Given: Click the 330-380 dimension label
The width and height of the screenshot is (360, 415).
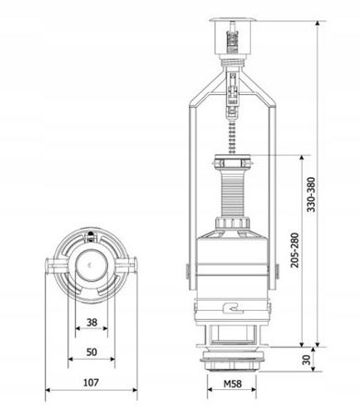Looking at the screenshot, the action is click(x=311, y=195).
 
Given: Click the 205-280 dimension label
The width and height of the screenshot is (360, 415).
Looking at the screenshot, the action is click(x=294, y=250).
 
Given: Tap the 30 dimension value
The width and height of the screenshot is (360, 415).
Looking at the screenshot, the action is click(x=306, y=360).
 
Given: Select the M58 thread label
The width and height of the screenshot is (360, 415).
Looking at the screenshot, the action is click(x=233, y=384).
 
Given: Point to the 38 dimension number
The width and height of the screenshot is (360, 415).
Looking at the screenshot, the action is click(x=91, y=323).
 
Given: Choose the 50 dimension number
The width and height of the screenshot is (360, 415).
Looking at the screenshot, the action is click(x=91, y=352).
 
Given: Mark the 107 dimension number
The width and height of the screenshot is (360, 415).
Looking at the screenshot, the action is click(x=91, y=383).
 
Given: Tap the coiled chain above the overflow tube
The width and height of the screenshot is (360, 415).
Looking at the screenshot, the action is click(x=233, y=136).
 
